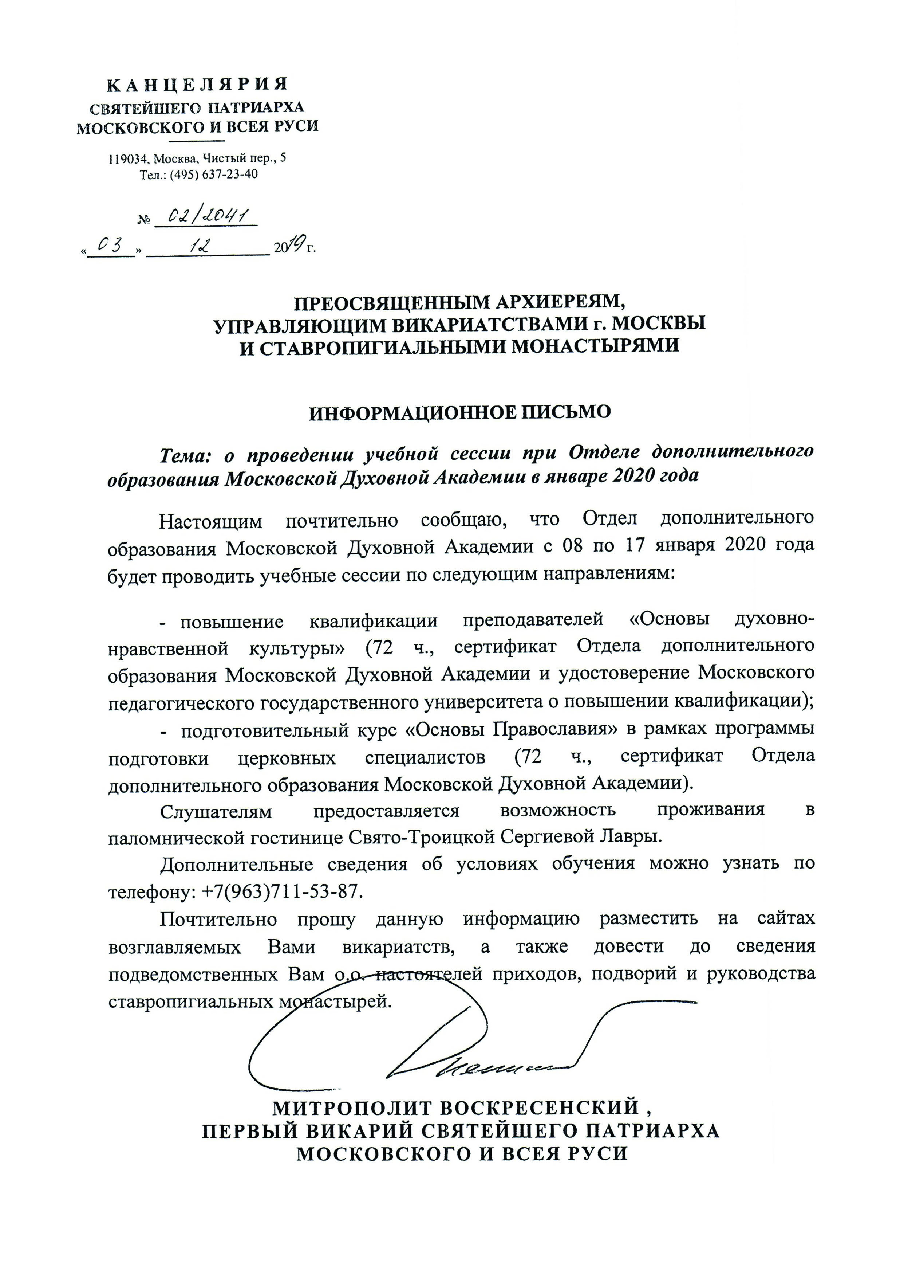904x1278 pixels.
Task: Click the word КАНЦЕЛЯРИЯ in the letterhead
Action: pos(198,85)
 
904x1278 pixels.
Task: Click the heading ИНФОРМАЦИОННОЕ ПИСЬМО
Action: pos(460,413)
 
